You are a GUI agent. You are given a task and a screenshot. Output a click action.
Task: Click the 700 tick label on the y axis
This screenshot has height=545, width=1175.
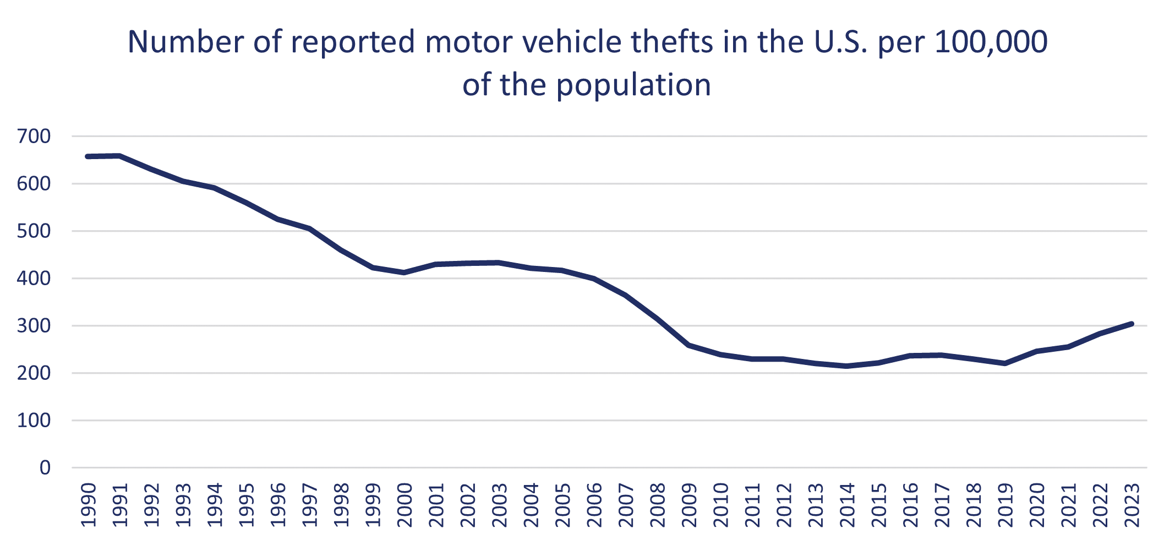(34, 136)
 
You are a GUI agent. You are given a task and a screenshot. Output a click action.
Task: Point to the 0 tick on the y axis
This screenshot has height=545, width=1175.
(45, 468)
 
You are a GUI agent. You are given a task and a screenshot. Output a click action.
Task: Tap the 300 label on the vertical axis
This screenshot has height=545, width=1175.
(34, 326)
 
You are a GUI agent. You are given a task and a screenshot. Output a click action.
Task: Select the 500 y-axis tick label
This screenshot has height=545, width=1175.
(34, 231)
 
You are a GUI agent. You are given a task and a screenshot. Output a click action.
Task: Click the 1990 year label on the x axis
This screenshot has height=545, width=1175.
(89, 505)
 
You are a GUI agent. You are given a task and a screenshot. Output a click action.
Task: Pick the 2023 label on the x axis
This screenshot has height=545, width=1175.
(1132, 505)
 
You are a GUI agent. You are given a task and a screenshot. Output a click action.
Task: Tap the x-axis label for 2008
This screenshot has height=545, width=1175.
(658, 505)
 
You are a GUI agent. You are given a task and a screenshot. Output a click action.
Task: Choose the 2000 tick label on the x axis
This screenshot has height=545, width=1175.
(405, 505)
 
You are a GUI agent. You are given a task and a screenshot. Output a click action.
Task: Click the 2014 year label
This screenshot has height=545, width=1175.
(847, 505)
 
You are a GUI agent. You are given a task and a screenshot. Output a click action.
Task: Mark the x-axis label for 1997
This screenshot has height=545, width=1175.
(310, 505)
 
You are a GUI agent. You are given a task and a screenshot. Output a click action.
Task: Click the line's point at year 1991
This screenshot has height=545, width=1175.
(120, 156)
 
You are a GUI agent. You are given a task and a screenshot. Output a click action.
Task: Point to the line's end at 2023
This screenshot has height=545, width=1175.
(1132, 324)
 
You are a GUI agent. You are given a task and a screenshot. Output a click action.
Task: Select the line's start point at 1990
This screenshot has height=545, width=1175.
(88, 156)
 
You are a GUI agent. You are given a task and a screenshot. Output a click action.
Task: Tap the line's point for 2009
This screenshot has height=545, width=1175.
(689, 345)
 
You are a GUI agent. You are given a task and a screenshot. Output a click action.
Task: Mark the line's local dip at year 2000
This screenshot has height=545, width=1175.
(405, 272)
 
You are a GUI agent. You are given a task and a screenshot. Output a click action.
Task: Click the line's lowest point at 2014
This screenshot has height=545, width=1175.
(847, 366)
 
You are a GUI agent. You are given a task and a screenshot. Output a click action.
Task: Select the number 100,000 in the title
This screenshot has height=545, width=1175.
(991, 42)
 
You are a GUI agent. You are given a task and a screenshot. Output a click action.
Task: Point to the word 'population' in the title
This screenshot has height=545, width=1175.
(633, 86)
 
